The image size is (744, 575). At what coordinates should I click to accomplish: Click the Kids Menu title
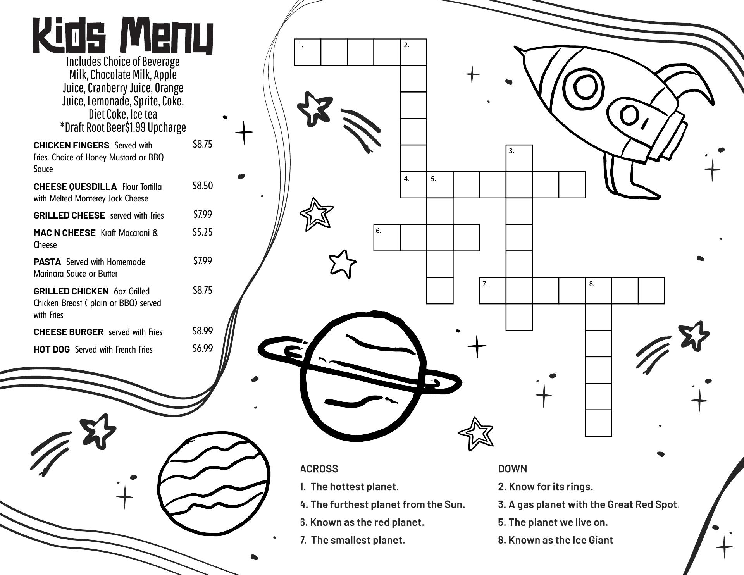123,36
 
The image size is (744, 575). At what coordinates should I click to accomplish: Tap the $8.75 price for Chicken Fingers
203,145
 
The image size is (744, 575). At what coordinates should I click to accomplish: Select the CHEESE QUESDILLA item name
75,187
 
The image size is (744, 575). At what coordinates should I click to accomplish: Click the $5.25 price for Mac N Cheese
203,232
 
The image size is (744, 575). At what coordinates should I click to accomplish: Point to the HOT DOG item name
52,349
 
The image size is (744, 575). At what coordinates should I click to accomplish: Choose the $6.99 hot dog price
203,348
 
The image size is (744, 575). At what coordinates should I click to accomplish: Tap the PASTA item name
47,262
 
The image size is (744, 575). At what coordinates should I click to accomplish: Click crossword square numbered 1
308,52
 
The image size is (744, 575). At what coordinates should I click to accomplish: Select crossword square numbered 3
519,158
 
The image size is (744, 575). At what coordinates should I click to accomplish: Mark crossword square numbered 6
387,238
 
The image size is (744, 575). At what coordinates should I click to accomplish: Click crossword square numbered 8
598,291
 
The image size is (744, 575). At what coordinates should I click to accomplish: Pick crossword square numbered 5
440,184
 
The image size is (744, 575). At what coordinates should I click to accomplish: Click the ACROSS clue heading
319,469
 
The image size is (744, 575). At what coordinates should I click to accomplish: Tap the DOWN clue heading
513,469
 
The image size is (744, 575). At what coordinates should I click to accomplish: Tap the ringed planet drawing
360,375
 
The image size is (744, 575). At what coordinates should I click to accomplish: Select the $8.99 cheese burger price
203,331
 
